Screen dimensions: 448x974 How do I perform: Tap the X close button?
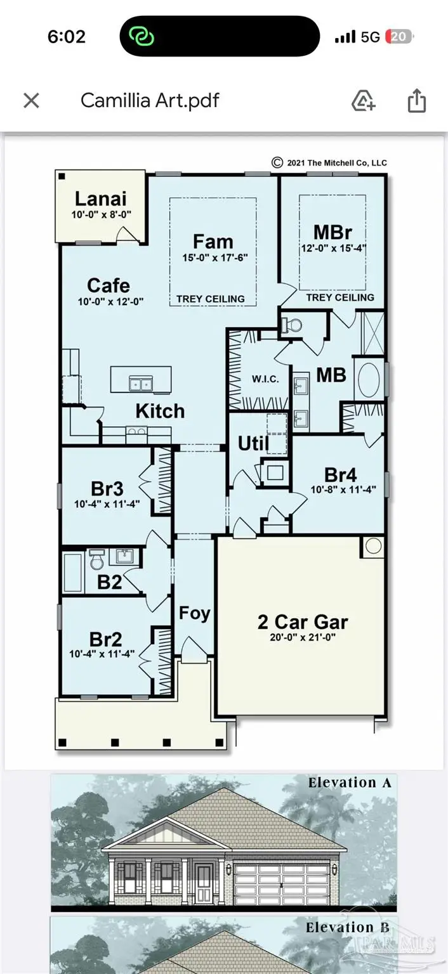[31, 101]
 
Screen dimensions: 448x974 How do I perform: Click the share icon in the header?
[416, 101]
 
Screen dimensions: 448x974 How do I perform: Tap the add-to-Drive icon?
[363, 101]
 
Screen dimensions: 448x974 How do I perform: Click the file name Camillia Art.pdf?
[150, 100]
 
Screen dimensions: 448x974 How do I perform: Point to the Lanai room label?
[101, 198]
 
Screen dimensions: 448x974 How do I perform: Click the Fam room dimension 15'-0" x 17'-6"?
[215, 257]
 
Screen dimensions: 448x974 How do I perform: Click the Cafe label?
[109, 285]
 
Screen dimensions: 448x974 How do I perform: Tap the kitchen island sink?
[141, 384]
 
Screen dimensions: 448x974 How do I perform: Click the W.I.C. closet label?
[265, 379]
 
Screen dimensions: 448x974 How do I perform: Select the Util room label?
[253, 443]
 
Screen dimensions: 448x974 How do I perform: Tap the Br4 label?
[341, 475]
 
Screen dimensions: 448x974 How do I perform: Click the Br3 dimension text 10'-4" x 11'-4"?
[107, 504]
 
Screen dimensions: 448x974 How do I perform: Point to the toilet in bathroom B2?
[96, 559]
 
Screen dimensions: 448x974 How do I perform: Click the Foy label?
[194, 613]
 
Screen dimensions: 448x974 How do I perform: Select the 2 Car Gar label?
[303, 622]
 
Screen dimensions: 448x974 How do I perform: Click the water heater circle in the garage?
[373, 546]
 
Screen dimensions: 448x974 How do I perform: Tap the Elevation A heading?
[350, 782]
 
